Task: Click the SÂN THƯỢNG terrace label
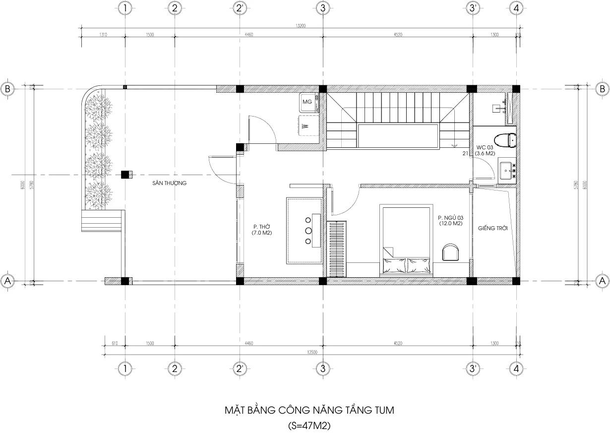point(169,184)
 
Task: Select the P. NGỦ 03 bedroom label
point(450,221)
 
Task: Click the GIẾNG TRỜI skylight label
point(492,229)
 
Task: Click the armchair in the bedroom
point(451,252)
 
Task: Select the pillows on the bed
point(405,265)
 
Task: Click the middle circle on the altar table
point(308,230)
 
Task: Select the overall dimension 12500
point(312,352)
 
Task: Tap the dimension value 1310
point(103,35)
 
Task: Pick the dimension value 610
point(114,343)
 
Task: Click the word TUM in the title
point(385,411)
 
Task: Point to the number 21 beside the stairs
point(466,154)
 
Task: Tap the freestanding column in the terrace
point(127,175)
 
